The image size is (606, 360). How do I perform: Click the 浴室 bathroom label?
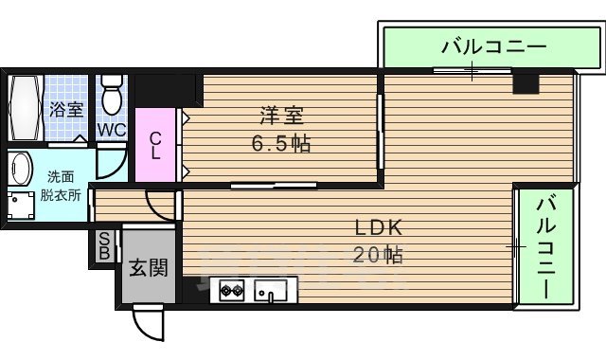pyautogui.click(x=65, y=109)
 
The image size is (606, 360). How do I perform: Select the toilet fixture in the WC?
pyautogui.click(x=112, y=95)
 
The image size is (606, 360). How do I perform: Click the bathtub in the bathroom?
pyautogui.click(x=24, y=109)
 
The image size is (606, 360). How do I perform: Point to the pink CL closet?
pyautogui.click(x=155, y=145)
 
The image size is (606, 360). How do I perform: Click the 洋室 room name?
pyautogui.click(x=282, y=117)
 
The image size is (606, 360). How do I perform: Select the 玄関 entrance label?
pyautogui.click(x=148, y=268)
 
